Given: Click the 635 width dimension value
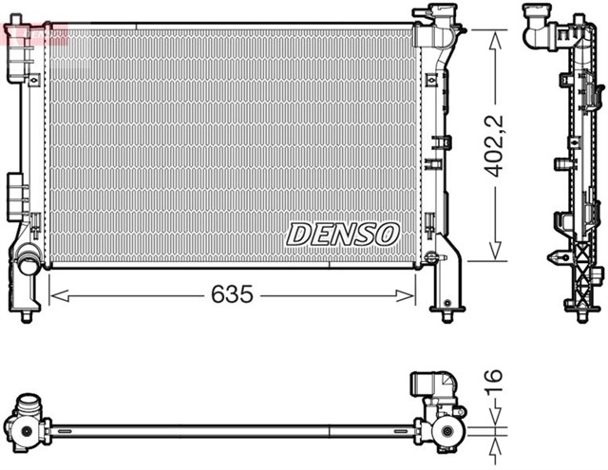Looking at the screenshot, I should tap(231, 295).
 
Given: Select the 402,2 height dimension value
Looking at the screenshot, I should tap(493, 145).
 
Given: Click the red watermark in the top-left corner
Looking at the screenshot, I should tap(34, 34).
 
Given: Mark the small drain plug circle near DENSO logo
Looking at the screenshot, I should tap(430, 257).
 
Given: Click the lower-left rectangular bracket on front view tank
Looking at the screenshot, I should tap(16, 196).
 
